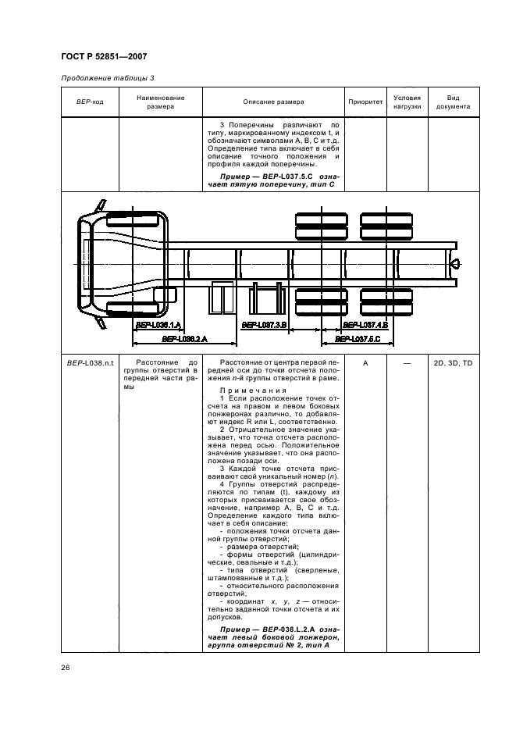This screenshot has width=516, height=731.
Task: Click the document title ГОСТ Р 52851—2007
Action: coord(103,56)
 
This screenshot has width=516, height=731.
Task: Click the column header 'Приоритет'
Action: coord(365,102)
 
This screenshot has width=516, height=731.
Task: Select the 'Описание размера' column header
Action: coord(273,102)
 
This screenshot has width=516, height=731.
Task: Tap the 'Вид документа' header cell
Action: coord(453,102)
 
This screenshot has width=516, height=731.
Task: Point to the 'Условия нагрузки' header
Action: coord(407,102)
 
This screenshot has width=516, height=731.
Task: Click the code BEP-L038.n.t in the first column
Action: coord(89,363)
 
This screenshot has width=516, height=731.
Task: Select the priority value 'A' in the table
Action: coord(365,363)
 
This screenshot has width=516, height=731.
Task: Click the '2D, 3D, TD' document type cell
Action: coord(453,363)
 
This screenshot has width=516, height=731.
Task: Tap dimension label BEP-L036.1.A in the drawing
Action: coord(158,324)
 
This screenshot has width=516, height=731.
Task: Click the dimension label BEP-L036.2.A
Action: coord(183,339)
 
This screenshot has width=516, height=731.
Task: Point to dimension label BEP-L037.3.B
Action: coord(265,324)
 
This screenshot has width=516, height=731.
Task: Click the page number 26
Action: coord(66,667)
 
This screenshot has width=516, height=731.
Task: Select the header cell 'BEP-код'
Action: coord(89,102)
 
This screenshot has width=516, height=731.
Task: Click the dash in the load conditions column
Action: coord(407,363)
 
